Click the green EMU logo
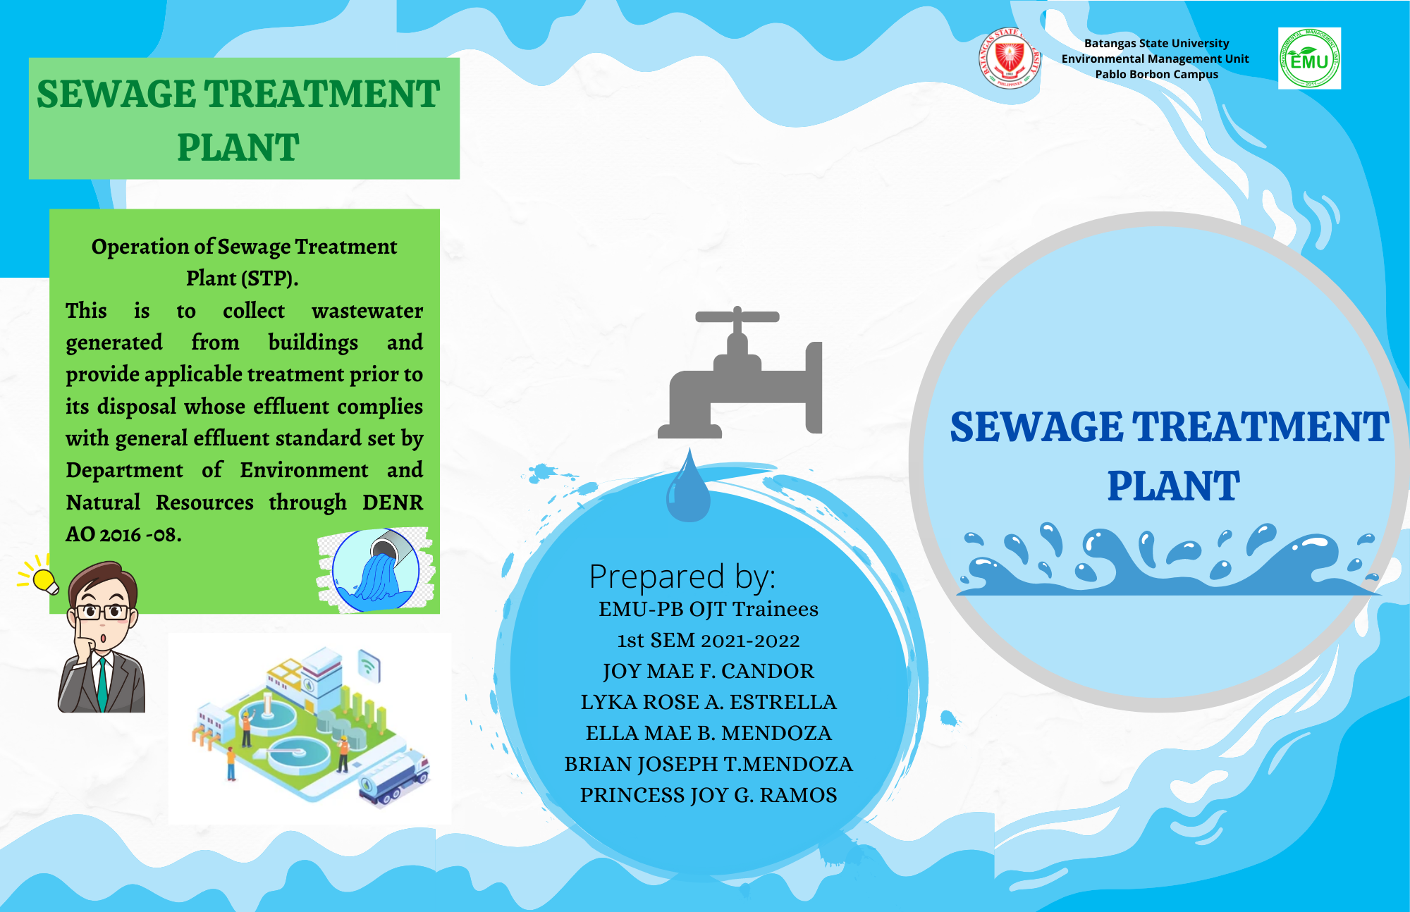point(1309,58)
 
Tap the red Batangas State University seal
point(1009,58)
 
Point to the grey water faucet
point(740,371)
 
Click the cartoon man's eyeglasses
point(103,612)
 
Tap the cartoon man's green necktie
point(103,683)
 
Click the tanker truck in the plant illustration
point(394,778)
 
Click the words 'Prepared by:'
point(682,577)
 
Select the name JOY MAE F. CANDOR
point(709,671)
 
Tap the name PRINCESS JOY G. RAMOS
point(709,795)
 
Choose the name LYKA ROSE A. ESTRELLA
point(709,702)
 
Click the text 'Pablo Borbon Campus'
point(1156,74)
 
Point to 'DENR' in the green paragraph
point(393,503)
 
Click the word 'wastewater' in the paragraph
point(367,311)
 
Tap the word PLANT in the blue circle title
point(1173,486)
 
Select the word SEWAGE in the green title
point(116,94)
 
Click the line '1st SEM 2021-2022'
point(709,640)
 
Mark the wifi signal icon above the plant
point(369,665)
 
